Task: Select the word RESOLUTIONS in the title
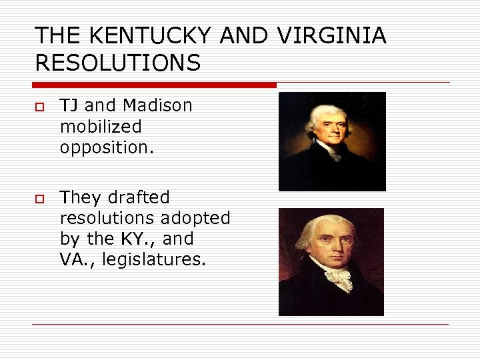tap(117, 63)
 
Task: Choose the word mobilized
tap(101, 127)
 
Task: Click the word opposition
tap(107, 147)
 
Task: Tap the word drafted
tap(139, 197)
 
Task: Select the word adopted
tap(196, 218)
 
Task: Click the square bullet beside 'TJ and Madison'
tap(39, 107)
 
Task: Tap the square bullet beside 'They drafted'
tap(39, 199)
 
